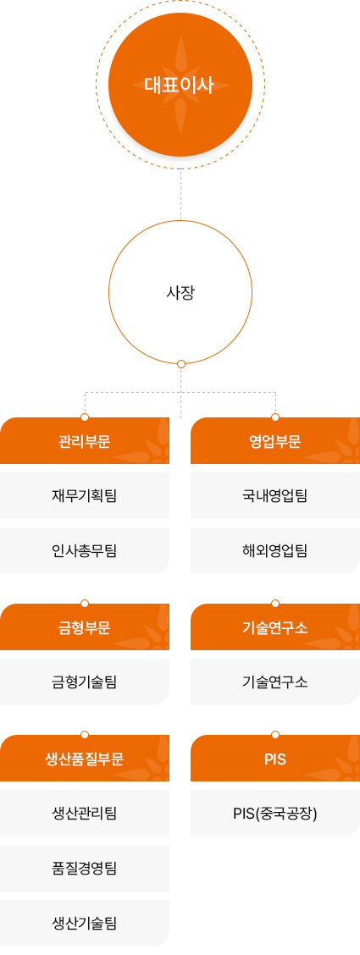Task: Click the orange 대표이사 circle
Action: [180, 85]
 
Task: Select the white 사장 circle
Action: [180, 292]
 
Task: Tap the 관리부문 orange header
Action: [85, 441]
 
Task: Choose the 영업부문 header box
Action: [275, 441]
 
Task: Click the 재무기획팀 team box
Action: [85, 496]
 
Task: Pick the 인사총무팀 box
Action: [85, 550]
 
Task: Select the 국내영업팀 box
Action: [275, 496]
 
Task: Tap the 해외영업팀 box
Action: [275, 550]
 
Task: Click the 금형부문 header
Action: [85, 627]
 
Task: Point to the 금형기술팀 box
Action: [85, 682]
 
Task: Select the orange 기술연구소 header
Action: [275, 627]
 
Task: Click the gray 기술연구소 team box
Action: [275, 682]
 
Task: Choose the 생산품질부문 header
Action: [85, 759]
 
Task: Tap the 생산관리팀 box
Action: [85, 813]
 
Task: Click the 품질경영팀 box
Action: [85, 868]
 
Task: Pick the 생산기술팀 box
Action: [85, 923]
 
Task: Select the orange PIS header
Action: [275, 759]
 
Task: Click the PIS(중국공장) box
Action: [275, 813]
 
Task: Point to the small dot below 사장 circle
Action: [181, 364]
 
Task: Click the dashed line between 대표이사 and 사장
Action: [181, 194]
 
